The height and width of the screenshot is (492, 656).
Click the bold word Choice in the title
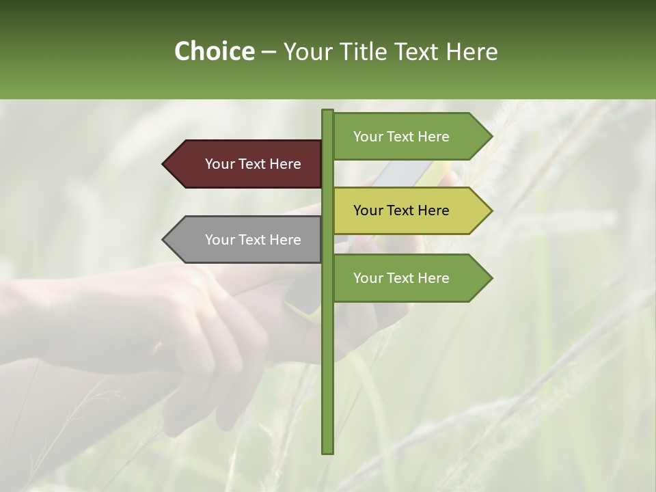214,51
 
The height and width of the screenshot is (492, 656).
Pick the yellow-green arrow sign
410,210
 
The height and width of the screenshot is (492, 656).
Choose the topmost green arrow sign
410,137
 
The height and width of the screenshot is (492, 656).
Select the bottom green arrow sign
410,278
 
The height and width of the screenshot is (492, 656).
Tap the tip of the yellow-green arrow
491,210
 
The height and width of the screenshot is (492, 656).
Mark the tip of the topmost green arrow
491,137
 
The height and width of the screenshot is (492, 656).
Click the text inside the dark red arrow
253,164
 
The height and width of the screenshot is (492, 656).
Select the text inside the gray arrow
253,240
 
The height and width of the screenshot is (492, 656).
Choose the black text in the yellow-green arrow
401,210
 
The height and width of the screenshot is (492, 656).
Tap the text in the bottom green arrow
401,278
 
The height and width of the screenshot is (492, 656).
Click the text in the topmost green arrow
401,137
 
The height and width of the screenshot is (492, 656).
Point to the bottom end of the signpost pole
327,451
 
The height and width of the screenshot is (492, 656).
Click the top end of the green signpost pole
327,111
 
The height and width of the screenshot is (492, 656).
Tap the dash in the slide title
269,52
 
